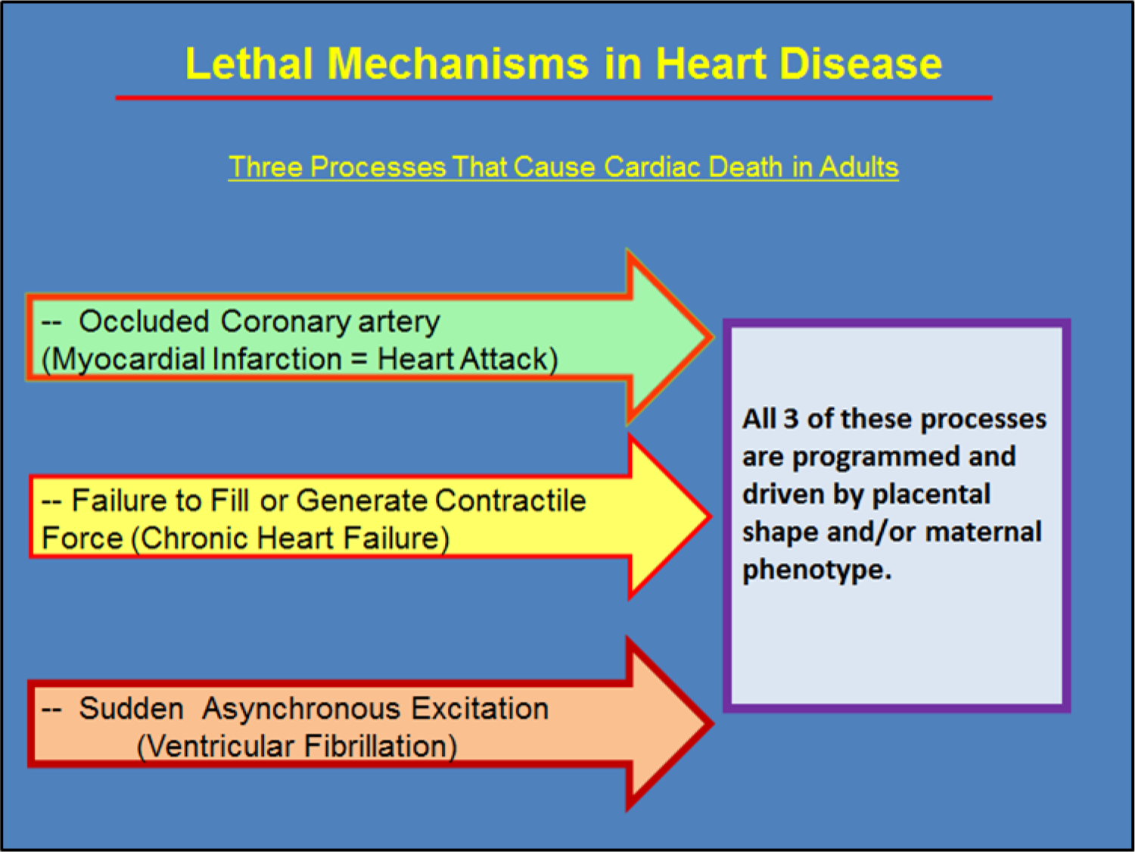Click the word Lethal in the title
tap(249, 64)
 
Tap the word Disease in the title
tap(860, 64)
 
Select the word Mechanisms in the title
tap(458, 64)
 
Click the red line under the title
tap(554, 98)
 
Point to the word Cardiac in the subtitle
tap(652, 167)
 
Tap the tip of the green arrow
tap(713, 337)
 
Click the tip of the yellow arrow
tap(711, 516)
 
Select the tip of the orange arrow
tap(713, 723)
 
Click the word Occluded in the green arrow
tap(144, 321)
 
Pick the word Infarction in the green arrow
tap(277, 359)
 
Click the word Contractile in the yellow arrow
tap(511, 501)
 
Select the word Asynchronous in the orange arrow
tap(301, 709)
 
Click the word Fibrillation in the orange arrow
tap(381, 747)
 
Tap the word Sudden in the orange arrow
tap(132, 708)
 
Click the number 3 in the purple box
tap(791, 419)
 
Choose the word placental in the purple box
tap(931, 494)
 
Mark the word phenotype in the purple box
tap(817, 570)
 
